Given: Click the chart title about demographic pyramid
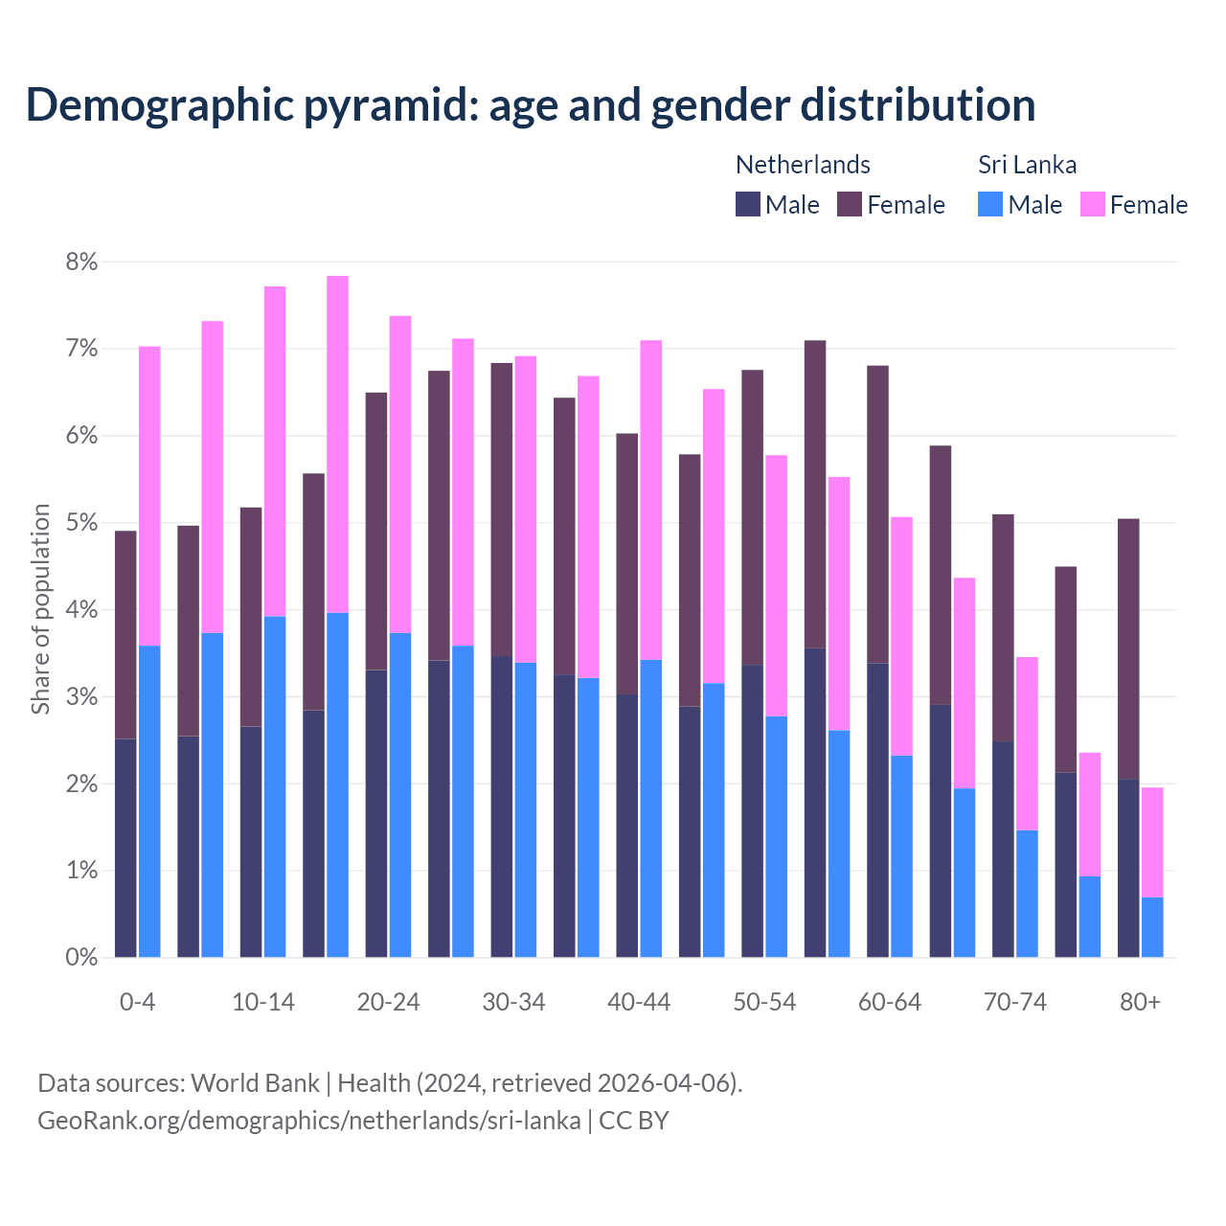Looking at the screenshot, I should click(x=530, y=105).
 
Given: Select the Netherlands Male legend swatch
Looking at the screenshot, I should click(x=748, y=204).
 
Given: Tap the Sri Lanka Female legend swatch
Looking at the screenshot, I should click(x=1093, y=204).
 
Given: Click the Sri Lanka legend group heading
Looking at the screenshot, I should click(x=1027, y=165).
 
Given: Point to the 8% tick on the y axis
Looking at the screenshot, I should click(x=81, y=261).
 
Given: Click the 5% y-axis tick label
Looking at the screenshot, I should click(x=81, y=523).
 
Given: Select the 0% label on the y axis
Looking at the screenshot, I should click(x=81, y=957).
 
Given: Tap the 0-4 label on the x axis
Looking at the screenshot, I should click(x=137, y=1002).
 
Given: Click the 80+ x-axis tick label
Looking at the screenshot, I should click(x=1140, y=1002).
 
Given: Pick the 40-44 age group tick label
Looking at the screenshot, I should click(x=639, y=1002).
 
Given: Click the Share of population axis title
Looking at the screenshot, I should click(x=40, y=609).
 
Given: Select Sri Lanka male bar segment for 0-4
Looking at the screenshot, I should click(x=149, y=801).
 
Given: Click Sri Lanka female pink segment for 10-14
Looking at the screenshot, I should click(x=275, y=451).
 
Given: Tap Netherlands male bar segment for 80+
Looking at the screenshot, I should click(x=1128, y=868).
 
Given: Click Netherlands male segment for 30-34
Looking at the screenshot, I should click(x=501, y=806).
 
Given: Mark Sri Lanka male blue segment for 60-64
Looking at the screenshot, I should click(x=901, y=856).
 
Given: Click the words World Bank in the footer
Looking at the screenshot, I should click(x=255, y=1083).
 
